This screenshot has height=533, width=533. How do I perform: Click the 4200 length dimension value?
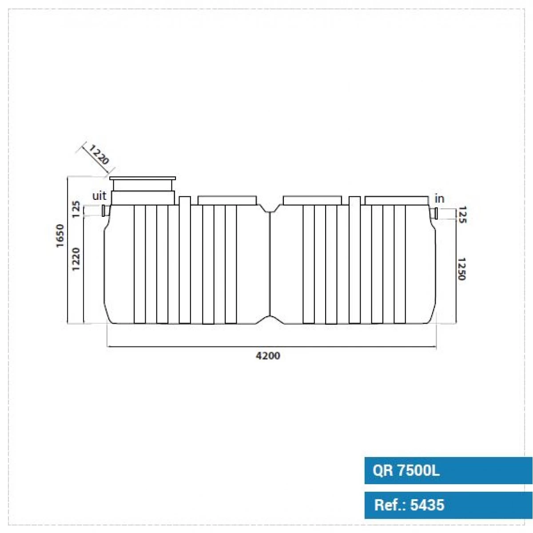267,355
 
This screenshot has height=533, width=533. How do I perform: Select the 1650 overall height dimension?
60,236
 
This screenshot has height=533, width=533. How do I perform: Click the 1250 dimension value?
461,269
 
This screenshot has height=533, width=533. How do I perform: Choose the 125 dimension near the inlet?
461,215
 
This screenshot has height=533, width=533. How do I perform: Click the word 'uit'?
99,196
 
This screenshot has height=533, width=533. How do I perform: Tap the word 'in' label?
439,199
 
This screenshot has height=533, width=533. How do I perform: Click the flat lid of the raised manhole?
143,178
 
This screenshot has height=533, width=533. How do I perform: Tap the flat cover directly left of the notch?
227,200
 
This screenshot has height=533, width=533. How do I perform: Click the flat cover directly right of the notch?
312,200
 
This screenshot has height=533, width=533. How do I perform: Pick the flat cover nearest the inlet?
397,200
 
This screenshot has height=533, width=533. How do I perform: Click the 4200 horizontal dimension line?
272,346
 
